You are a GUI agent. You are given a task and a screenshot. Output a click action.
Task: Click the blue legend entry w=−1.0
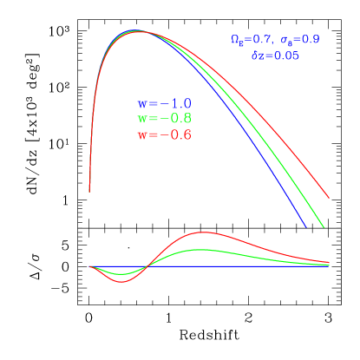164,103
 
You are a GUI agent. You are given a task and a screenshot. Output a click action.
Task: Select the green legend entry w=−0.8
164,119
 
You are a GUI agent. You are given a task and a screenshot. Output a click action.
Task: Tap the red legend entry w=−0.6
164,135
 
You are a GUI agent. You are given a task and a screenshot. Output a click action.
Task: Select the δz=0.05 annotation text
275,56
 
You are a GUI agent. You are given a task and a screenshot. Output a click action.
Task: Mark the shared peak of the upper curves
138,31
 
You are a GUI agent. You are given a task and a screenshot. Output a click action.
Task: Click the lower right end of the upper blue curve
306,227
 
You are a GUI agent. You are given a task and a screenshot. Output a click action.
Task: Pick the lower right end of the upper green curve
324,227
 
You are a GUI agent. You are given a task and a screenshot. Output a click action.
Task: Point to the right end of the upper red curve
329,198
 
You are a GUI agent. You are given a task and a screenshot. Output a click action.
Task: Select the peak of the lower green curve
203,250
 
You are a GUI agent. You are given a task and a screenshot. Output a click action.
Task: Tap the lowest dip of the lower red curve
122,282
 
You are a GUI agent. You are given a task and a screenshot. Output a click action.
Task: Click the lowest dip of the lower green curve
122,274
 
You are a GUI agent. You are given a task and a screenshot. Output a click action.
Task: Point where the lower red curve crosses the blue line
147,265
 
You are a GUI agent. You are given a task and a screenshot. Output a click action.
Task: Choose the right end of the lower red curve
329,261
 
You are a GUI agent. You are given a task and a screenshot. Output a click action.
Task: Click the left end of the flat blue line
90,265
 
